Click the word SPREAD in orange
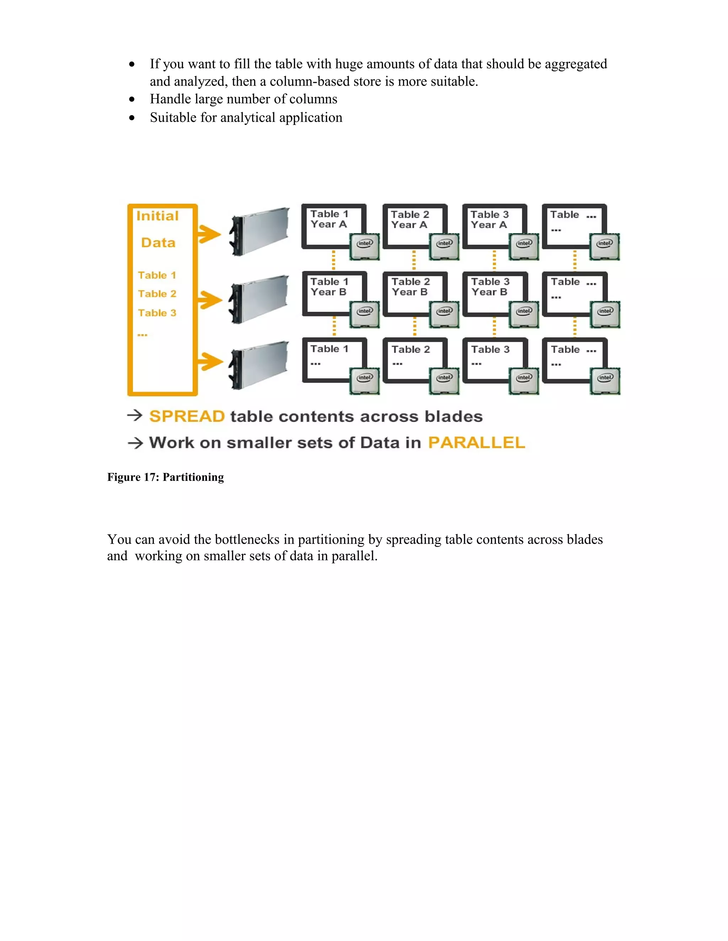point(187,416)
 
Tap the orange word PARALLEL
point(477,442)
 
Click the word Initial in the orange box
point(157,216)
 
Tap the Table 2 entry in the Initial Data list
point(157,294)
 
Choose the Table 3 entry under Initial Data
point(157,313)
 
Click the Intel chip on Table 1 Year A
point(364,246)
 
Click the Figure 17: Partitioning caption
point(166,477)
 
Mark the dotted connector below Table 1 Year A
point(333,260)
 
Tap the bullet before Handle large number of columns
point(132,99)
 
